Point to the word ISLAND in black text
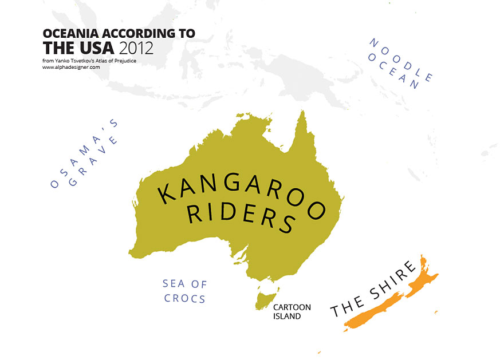pyautogui.click(x=286, y=316)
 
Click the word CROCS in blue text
pyautogui.click(x=184, y=298)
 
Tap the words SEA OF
pyautogui.click(x=184, y=283)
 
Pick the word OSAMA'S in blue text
pyautogui.click(x=83, y=155)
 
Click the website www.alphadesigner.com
pyautogui.click(x=71, y=67)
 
